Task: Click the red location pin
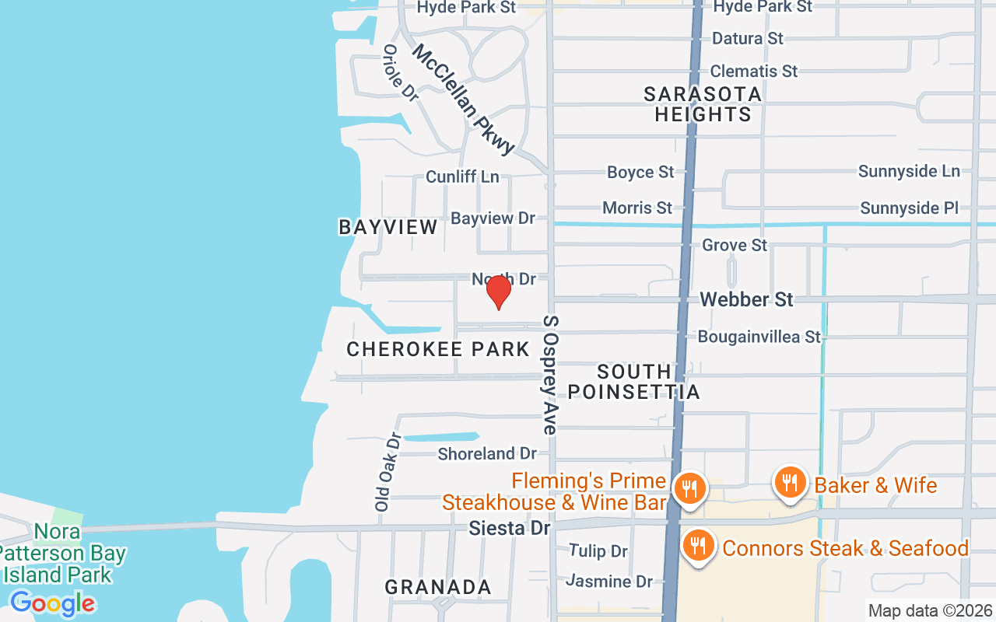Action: point(498,292)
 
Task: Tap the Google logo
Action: point(53,603)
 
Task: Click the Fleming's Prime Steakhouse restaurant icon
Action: point(689,490)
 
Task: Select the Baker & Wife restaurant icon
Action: point(790,483)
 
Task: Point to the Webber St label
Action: point(746,299)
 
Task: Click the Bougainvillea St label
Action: point(759,337)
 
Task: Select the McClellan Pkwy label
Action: point(464,99)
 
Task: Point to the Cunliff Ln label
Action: point(462,177)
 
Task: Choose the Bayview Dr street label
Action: point(493,218)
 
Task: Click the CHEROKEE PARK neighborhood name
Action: point(438,350)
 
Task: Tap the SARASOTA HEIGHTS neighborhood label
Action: point(703,104)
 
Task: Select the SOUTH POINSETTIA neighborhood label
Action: point(633,382)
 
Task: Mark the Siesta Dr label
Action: point(509,528)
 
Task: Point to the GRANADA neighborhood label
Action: point(438,587)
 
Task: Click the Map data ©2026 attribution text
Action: point(931,611)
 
